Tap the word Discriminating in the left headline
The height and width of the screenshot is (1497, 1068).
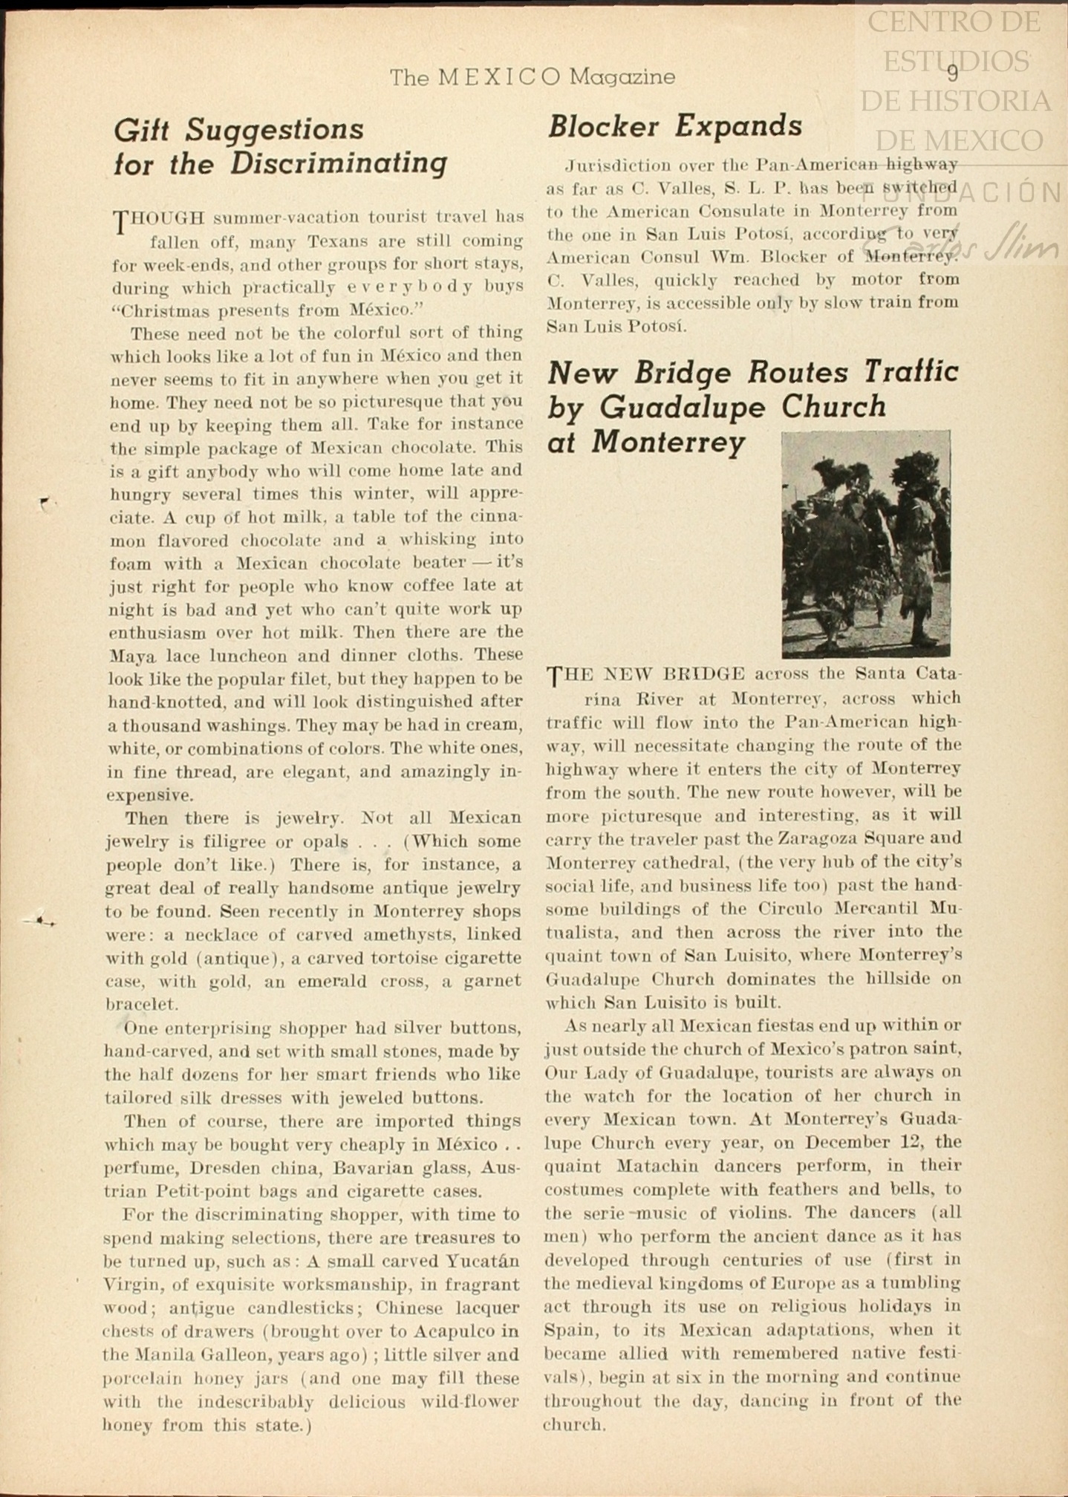coord(339,163)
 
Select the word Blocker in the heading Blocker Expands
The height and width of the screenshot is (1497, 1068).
coord(603,127)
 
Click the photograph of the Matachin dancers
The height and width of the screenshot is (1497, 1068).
coord(866,544)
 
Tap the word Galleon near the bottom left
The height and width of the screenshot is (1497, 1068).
coord(232,1355)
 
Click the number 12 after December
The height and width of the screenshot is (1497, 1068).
coord(905,1142)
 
